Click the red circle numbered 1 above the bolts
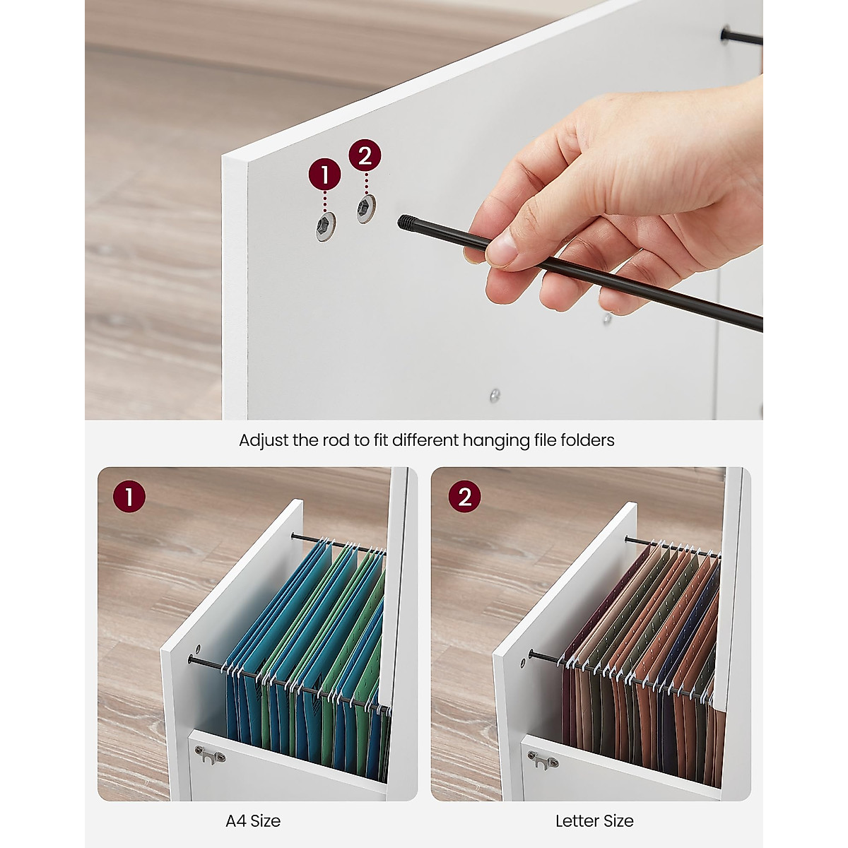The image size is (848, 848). [x=324, y=175]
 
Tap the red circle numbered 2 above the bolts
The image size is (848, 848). [x=365, y=155]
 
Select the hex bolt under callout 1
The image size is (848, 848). [x=325, y=227]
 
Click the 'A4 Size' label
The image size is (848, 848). [x=253, y=821]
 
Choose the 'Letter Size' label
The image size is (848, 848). [x=594, y=821]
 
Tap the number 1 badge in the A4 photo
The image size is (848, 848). [x=129, y=497]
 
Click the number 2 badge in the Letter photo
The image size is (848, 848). [x=464, y=497]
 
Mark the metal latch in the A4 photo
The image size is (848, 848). [x=210, y=755]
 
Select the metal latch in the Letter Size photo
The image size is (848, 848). [x=543, y=760]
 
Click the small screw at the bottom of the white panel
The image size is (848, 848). [x=495, y=395]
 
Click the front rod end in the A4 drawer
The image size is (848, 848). [x=192, y=660]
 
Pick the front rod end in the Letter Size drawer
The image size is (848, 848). [x=531, y=654]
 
